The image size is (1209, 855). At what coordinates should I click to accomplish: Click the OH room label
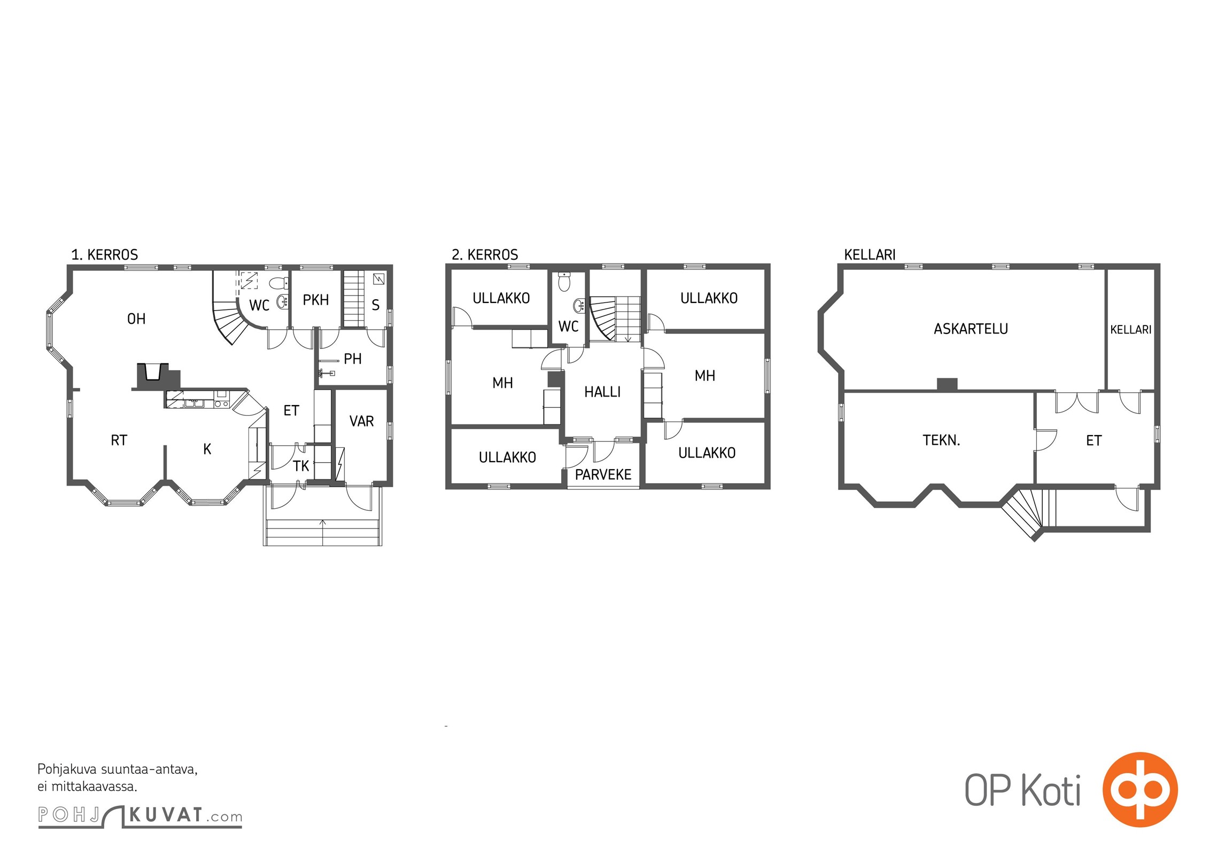tap(136, 319)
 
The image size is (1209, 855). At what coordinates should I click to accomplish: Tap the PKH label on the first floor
tap(316, 300)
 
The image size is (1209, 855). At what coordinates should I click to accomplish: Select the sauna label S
tap(376, 305)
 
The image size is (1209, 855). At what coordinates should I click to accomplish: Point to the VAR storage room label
tap(362, 422)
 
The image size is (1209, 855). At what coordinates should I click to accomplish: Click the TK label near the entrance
tap(301, 466)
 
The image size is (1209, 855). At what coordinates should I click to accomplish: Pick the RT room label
tap(119, 440)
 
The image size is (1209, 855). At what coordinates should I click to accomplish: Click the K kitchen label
tap(207, 449)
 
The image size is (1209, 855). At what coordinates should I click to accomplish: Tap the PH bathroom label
tap(353, 359)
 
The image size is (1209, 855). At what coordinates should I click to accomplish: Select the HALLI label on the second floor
tap(602, 392)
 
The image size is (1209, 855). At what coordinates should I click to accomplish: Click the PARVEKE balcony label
tap(603, 475)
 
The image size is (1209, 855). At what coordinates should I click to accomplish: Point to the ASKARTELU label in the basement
tap(971, 329)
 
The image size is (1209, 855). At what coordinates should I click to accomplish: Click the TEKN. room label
tap(941, 440)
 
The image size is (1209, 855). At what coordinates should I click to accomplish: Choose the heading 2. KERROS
tap(485, 255)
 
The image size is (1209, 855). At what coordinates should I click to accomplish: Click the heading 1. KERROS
tap(105, 255)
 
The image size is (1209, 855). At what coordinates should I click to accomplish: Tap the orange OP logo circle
tap(1140, 790)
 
